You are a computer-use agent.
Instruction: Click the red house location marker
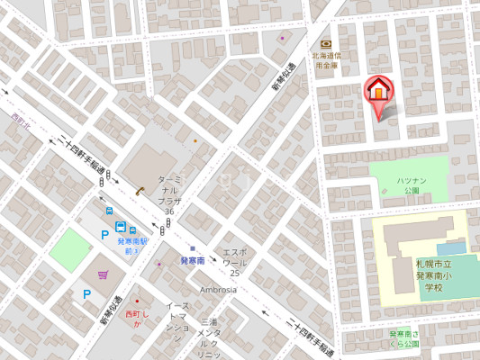pos(378,93)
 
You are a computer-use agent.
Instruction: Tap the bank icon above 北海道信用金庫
pos(325,44)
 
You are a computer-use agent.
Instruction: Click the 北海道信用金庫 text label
pos(326,60)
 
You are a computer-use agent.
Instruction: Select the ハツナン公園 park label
pos(411,185)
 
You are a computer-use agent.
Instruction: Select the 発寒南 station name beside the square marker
pos(193,260)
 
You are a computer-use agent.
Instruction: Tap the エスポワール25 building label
pos(234,262)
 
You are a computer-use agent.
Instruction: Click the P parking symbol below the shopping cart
pos(86,293)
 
